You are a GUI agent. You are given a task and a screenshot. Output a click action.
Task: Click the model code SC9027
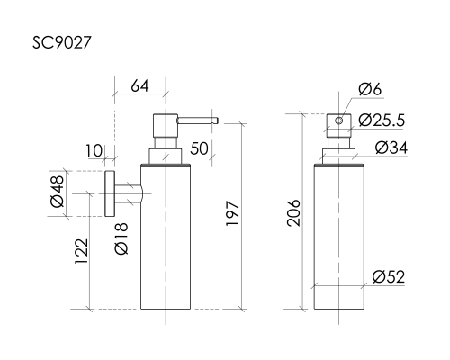pyautogui.click(x=61, y=41)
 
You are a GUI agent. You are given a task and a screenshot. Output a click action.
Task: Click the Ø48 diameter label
pyautogui.click(x=56, y=193)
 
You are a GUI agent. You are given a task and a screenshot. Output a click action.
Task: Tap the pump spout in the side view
pyautogui.click(x=195, y=118)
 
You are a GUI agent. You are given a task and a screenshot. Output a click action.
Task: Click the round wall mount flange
pyautogui.click(x=109, y=193)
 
